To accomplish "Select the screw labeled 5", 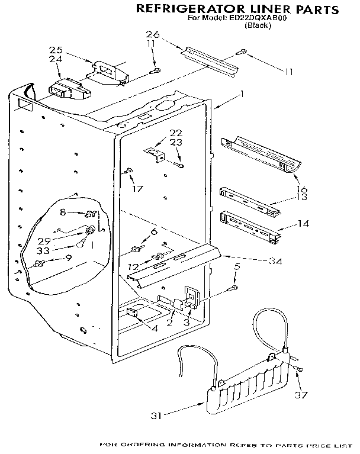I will tap(232, 288).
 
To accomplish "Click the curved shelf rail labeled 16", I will tap(260, 156).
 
